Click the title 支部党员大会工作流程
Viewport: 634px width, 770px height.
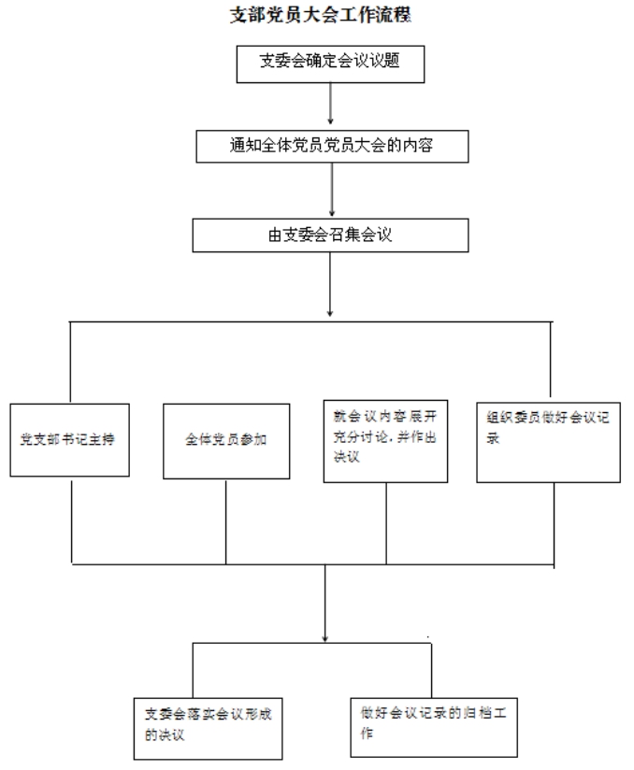321,15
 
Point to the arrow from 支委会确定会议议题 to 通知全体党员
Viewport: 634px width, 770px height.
330,103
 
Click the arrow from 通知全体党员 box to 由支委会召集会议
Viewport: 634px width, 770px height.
332,190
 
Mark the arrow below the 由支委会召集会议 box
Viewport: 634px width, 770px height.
330,284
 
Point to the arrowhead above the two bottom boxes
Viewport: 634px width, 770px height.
324,638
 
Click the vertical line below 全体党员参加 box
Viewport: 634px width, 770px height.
226,522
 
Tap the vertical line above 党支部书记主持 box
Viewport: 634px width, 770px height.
70,363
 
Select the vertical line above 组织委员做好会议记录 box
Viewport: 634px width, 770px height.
550,360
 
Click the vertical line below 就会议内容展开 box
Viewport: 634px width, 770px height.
386,524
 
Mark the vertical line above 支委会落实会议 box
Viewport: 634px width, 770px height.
193,670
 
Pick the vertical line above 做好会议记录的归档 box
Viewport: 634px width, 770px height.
431,670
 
